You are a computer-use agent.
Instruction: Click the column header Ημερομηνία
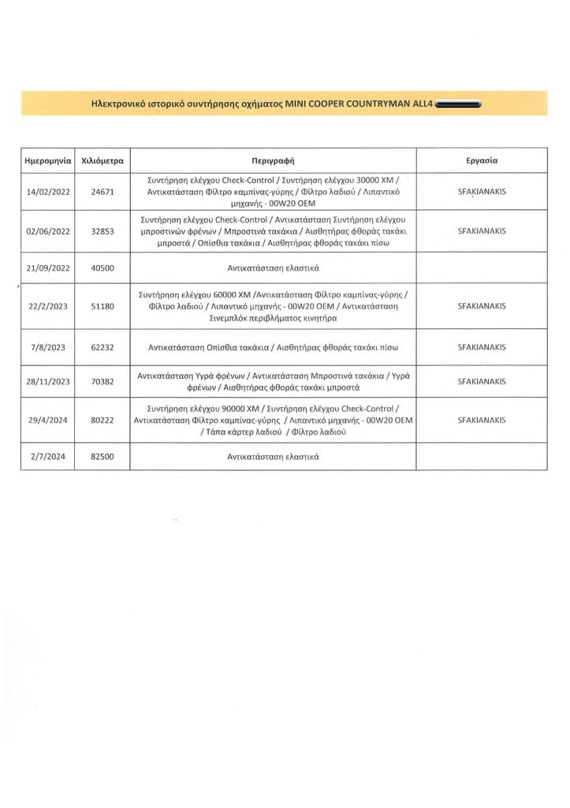[x=49, y=159]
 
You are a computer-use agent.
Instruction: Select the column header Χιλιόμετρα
[x=103, y=159]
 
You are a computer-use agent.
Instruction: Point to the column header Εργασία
[x=482, y=159]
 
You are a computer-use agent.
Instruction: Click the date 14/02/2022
[x=49, y=192]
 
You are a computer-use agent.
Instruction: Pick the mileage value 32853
[x=103, y=231]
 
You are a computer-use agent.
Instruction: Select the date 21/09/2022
[x=49, y=267]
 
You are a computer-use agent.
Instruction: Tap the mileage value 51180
[x=103, y=305]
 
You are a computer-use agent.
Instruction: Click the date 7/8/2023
[x=49, y=346]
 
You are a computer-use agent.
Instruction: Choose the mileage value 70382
[x=103, y=381]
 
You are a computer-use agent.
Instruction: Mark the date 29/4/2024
[x=49, y=420]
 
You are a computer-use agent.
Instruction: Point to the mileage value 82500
[x=103, y=457]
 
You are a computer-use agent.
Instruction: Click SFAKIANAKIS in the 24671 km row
[x=482, y=192]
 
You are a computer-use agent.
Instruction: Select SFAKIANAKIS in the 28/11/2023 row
[x=482, y=381]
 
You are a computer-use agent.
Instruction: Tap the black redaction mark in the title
[x=457, y=103]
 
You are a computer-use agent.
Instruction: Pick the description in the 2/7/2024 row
[x=273, y=457]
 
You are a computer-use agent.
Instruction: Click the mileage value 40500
[x=103, y=267]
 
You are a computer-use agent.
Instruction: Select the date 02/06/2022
[x=49, y=231]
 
